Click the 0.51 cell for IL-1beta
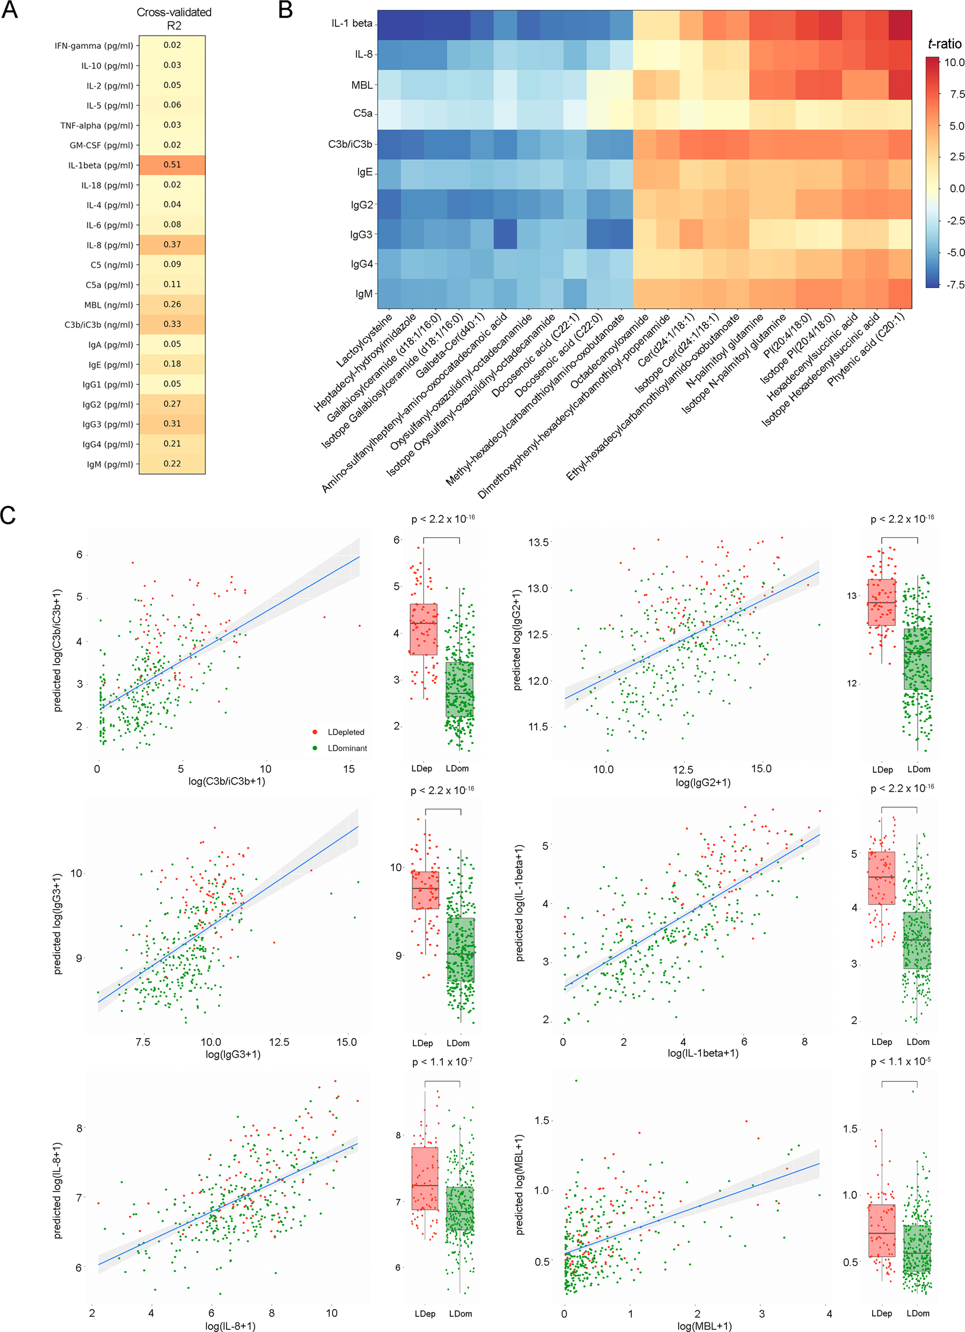[172, 165]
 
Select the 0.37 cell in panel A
[172, 244]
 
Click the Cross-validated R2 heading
[174, 19]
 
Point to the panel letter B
[285, 11]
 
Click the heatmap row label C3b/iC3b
[350, 144]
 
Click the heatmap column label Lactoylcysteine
[364, 341]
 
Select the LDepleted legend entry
[345, 732]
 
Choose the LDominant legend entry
[347, 748]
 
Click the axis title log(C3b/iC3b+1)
[226, 781]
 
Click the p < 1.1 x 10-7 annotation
[442, 1062]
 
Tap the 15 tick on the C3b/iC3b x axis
[349, 769]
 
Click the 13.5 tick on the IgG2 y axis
[538, 542]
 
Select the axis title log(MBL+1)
[704, 1326]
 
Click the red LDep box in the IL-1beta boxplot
[881, 878]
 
